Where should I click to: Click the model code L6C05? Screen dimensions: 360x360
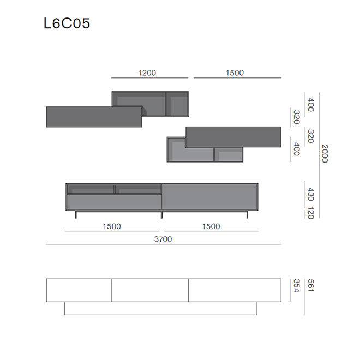point(67,23)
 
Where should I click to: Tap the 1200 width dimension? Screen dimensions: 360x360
point(147,73)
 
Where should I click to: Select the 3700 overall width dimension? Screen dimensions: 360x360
point(163,239)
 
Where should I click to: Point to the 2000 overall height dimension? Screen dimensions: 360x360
point(325,153)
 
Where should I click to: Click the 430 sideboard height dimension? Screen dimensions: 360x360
point(310,194)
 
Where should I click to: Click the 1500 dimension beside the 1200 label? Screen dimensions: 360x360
point(235,73)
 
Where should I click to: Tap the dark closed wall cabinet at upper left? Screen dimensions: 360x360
point(94,116)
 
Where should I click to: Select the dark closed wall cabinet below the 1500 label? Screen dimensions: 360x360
point(233,137)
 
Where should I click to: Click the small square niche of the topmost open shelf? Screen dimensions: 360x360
point(178,104)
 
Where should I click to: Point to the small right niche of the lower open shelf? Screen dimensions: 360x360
point(228,154)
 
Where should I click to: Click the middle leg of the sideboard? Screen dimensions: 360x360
point(162,214)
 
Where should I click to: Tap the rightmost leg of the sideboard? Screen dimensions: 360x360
point(248,214)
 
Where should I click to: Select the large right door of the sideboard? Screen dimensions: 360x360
point(209,196)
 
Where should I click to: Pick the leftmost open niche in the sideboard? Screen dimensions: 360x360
point(91,189)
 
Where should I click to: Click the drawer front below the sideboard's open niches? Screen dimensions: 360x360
point(114,202)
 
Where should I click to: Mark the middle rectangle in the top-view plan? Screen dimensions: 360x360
point(150,290)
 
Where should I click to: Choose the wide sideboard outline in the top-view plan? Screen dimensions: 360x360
point(160,309)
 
